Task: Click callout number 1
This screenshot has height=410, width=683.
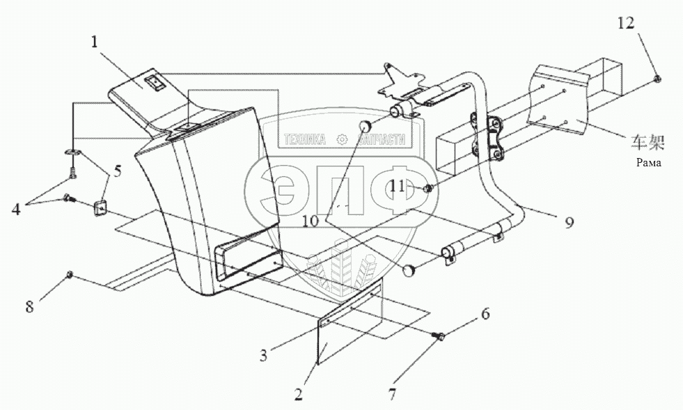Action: (x=93, y=42)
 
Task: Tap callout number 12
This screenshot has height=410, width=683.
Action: (x=625, y=24)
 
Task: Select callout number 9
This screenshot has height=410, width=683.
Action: (x=569, y=223)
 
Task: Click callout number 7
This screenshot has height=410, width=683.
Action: (x=392, y=395)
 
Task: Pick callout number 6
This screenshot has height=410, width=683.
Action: (x=485, y=314)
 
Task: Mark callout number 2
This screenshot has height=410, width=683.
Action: (x=298, y=395)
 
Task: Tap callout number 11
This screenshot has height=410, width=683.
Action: (x=397, y=186)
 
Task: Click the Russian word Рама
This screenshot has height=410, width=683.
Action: (x=647, y=164)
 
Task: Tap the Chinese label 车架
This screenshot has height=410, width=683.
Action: (x=647, y=143)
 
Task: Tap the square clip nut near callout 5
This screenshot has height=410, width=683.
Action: (x=100, y=206)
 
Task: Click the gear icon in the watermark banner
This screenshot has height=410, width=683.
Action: (x=341, y=140)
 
